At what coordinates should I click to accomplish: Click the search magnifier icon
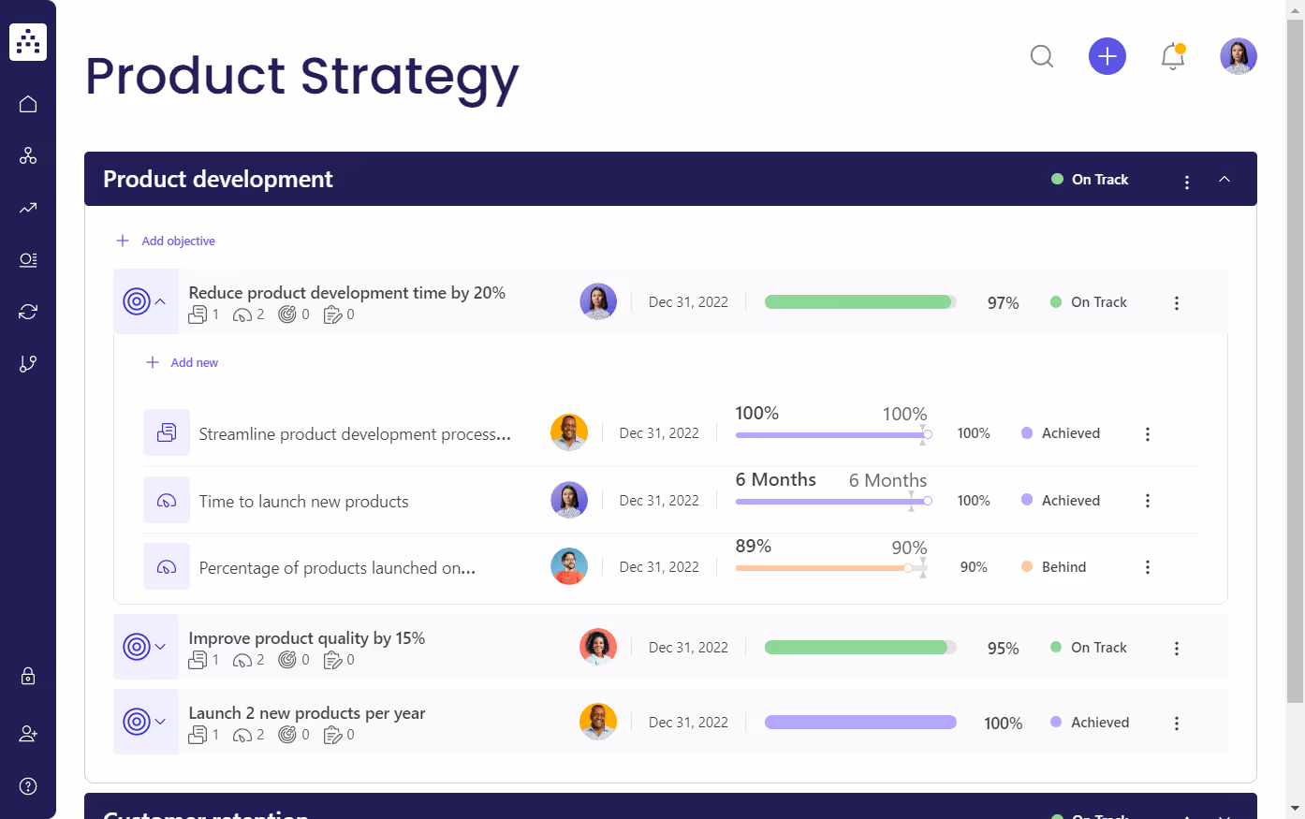pyautogui.click(x=1042, y=57)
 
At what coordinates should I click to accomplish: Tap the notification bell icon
pyautogui.click(x=1173, y=57)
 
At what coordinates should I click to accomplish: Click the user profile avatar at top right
pyautogui.click(x=1238, y=57)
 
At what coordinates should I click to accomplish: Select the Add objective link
pyautogui.click(x=177, y=241)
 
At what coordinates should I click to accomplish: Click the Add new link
pyautogui.click(x=193, y=363)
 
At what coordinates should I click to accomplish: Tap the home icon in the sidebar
pyautogui.click(x=28, y=104)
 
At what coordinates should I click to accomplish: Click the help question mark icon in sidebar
pyautogui.click(x=28, y=786)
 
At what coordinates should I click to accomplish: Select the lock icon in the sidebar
pyautogui.click(x=28, y=676)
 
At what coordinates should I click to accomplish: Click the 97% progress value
pyautogui.click(x=1003, y=303)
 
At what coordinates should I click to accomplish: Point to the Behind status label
pyautogui.click(x=1063, y=567)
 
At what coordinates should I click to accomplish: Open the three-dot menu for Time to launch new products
pyautogui.click(x=1148, y=501)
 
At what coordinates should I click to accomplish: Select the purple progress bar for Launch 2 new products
pyautogui.click(x=859, y=723)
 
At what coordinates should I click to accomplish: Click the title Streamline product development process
pyautogui.click(x=355, y=434)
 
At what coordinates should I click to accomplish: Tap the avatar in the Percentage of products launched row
pyautogui.click(x=569, y=567)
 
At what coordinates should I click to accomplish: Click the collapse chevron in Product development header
pyautogui.click(x=1224, y=180)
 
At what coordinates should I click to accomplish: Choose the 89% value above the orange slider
pyautogui.click(x=754, y=547)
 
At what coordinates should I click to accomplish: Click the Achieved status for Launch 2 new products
pyautogui.click(x=1099, y=723)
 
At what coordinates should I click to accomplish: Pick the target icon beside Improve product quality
pyautogui.click(x=137, y=648)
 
